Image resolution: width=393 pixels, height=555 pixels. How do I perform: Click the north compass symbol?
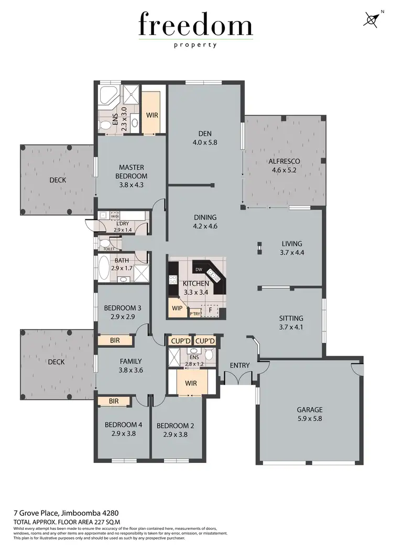click(x=371, y=19)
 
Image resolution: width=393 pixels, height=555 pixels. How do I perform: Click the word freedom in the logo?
click(x=195, y=25)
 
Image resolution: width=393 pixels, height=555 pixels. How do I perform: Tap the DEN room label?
click(x=204, y=133)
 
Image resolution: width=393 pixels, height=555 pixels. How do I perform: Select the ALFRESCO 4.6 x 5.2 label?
click(x=284, y=165)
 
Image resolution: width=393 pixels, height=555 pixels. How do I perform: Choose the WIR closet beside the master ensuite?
click(x=152, y=114)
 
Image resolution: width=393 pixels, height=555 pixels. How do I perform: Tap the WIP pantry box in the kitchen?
click(x=177, y=308)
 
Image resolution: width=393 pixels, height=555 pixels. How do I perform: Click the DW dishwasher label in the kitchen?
click(x=199, y=270)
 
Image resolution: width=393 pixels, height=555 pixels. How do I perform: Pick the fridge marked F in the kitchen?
click(x=211, y=309)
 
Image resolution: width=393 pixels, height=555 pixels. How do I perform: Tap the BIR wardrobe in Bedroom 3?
click(x=115, y=340)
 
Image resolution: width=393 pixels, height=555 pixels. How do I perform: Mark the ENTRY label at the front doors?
click(x=239, y=365)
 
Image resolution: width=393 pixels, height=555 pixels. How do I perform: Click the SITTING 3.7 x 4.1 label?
click(x=291, y=323)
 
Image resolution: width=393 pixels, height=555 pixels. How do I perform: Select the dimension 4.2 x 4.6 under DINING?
click(x=204, y=226)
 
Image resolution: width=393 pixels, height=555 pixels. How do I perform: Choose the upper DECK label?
click(x=58, y=180)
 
